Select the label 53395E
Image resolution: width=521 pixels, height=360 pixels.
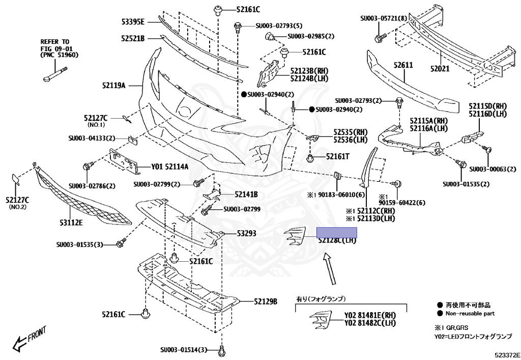[x=133, y=21]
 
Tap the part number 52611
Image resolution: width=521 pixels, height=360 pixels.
[x=403, y=66]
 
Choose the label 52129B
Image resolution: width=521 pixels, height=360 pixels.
[x=266, y=301]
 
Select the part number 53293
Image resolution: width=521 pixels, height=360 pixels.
[x=246, y=234]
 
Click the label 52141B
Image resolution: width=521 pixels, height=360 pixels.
[x=246, y=195]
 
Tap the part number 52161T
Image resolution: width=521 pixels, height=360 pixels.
[x=338, y=157]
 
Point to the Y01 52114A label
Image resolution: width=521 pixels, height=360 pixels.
[x=169, y=167]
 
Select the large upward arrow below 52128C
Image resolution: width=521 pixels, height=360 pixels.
[x=330, y=270]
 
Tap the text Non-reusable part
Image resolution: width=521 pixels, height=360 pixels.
[x=470, y=314]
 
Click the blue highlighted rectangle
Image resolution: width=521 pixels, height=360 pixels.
[x=336, y=233]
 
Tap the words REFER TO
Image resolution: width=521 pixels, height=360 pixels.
[x=55, y=41]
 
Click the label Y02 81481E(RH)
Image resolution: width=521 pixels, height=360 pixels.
[x=370, y=315]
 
